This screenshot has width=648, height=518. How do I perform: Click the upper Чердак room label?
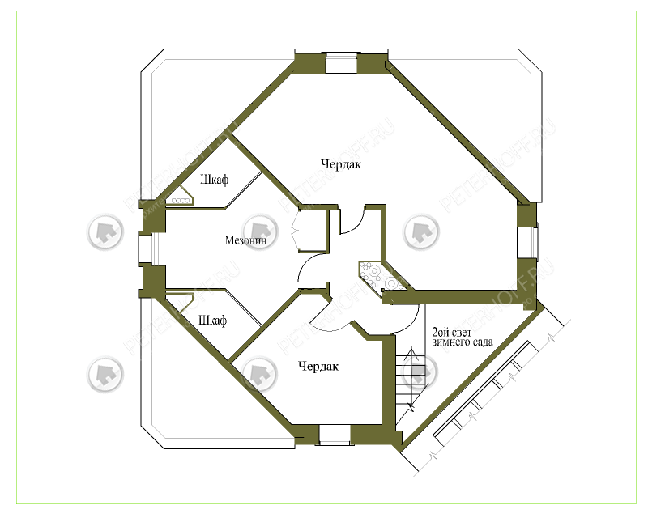pos(341,164)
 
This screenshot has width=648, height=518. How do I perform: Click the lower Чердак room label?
pos(318,367)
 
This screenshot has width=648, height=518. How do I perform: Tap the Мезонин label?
pos(245,240)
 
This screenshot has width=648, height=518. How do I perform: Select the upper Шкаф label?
pos(214,180)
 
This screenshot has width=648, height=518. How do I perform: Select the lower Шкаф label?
pos(212,321)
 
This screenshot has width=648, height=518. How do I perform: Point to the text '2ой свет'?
pos(451,332)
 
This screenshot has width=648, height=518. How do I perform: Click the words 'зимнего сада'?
pos(463,342)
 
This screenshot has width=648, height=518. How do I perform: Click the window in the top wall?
pos(341,63)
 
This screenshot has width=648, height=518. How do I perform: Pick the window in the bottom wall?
pos(335,435)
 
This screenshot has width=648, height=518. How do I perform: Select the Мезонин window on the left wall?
pos(148,249)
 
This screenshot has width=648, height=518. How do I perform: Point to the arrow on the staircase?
pos(411,380)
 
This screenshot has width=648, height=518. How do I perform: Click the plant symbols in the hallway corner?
pos(381,278)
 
